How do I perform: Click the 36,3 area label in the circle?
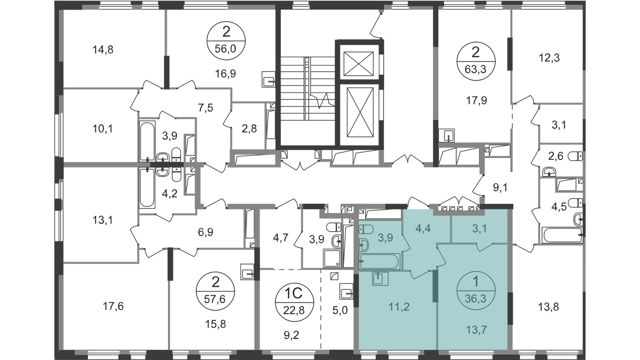[x=475, y=298]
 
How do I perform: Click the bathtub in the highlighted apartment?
[x=380, y=262]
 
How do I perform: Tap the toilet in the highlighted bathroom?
[x=366, y=229]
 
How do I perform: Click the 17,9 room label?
[x=475, y=100]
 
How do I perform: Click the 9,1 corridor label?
[x=499, y=187]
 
